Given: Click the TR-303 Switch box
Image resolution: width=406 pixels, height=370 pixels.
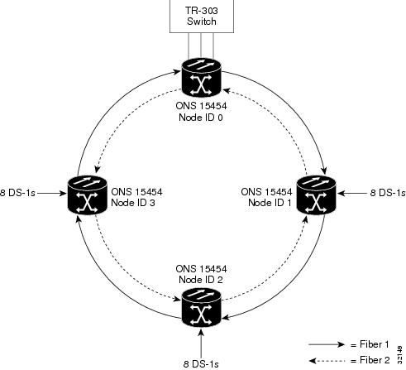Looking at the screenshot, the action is coord(202,17).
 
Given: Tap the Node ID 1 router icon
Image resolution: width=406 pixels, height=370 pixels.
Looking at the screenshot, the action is coord(316,195).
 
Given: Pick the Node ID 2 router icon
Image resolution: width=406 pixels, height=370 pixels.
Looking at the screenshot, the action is coord(202,307).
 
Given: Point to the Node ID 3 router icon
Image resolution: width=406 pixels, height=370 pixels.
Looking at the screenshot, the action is coord(87,195).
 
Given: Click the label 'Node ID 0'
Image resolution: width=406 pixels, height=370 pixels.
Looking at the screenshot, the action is coord(201,118).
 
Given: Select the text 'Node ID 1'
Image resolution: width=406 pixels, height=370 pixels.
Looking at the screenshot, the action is coord(270,203).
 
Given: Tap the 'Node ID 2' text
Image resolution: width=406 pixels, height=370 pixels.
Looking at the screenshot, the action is coord(201,280).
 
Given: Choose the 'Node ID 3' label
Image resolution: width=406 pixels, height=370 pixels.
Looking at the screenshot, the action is coord(133,203).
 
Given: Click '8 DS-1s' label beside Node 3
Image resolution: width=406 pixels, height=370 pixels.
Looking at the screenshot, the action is coord(17,193).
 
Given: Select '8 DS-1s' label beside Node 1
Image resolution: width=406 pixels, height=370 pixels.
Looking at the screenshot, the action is coord(388,193).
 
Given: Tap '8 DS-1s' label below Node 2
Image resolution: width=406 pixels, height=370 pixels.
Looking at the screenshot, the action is coord(201,364).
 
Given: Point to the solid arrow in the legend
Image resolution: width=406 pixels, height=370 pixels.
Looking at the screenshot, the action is coord(327,344).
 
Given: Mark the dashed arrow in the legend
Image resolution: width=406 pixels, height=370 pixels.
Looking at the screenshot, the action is coord(327,360).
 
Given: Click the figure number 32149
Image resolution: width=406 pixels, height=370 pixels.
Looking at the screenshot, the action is coord(400,355).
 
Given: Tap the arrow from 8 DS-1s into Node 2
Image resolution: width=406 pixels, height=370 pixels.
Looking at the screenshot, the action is coord(201,343).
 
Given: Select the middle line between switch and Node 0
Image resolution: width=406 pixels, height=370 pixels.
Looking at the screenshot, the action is coord(201,46).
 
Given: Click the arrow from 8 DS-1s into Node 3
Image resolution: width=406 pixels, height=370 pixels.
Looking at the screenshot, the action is coord(52,193).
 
